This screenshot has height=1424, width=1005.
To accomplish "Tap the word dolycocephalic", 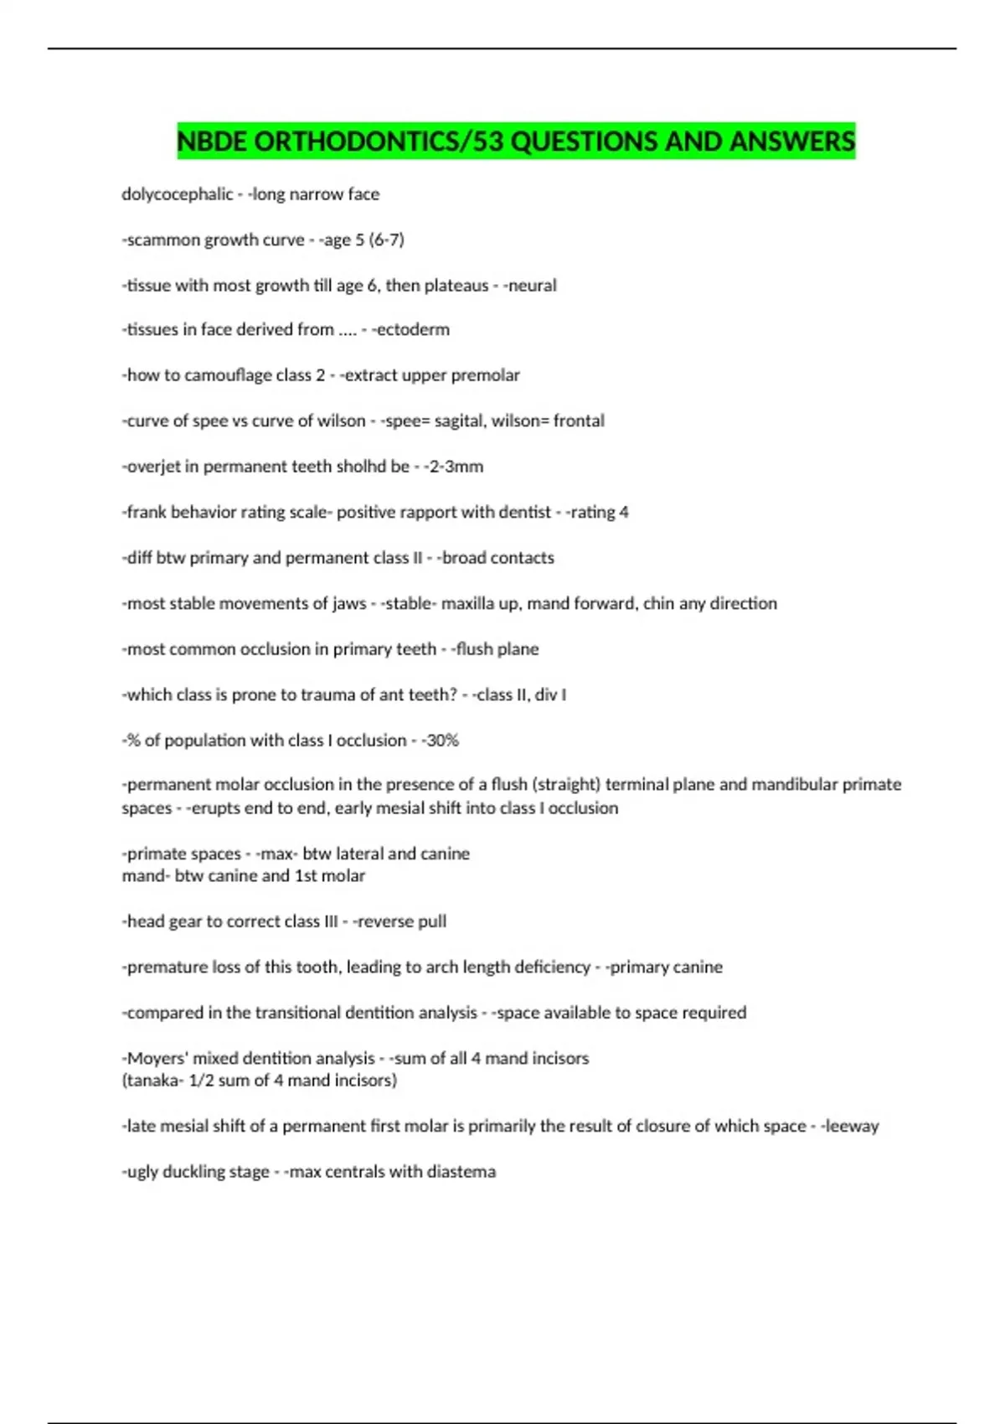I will (x=178, y=194).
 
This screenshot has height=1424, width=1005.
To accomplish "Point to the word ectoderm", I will (x=412, y=330).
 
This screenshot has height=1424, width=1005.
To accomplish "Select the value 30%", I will (x=443, y=740).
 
